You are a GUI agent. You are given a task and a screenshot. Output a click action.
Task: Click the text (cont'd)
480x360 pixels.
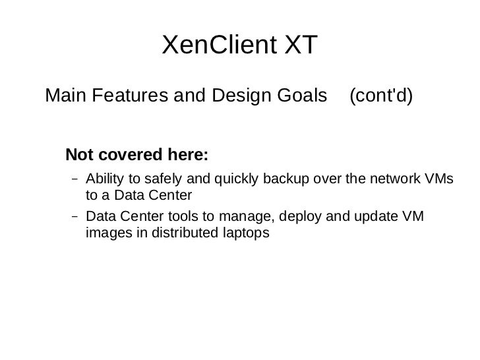point(380,96)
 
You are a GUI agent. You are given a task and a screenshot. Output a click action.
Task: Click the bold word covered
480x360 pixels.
point(127,156)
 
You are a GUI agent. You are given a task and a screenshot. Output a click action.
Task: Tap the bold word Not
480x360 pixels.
point(80,156)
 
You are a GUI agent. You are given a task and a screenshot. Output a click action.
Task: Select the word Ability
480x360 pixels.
point(103,179)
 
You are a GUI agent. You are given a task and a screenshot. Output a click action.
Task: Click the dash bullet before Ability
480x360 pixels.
point(75,179)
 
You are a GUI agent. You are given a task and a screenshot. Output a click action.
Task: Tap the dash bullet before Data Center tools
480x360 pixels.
point(75,216)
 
